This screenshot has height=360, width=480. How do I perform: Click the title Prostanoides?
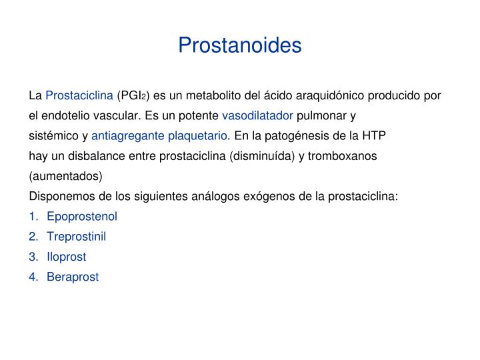[x=240, y=45]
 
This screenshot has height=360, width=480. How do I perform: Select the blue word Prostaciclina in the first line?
[x=79, y=95]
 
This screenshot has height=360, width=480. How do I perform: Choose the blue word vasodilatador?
[x=257, y=115]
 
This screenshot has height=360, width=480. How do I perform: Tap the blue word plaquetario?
[x=198, y=136]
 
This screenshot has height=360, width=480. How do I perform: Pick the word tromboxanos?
[x=345, y=156]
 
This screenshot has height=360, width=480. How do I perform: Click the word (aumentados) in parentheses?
[x=66, y=176]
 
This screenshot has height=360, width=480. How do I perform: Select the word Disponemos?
[x=62, y=196]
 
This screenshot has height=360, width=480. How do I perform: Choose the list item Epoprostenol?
[x=82, y=216]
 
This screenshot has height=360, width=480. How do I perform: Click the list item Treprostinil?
[x=76, y=236]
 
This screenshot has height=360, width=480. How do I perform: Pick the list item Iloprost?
[x=67, y=256]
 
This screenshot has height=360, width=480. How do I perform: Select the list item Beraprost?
[x=73, y=277]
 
